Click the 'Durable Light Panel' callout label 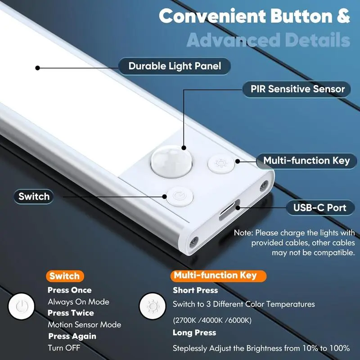pos(175,66)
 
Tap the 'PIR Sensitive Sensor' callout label pos(297,89)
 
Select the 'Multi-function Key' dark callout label pos(306,161)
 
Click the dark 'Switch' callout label pos(34,196)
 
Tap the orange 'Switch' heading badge pos(64,276)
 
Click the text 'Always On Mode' pos(78,302)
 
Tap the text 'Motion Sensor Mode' pos(84,324)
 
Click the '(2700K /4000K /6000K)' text pos(212,320)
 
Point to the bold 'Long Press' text pos(194,333)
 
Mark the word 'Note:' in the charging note pos(243,233)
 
